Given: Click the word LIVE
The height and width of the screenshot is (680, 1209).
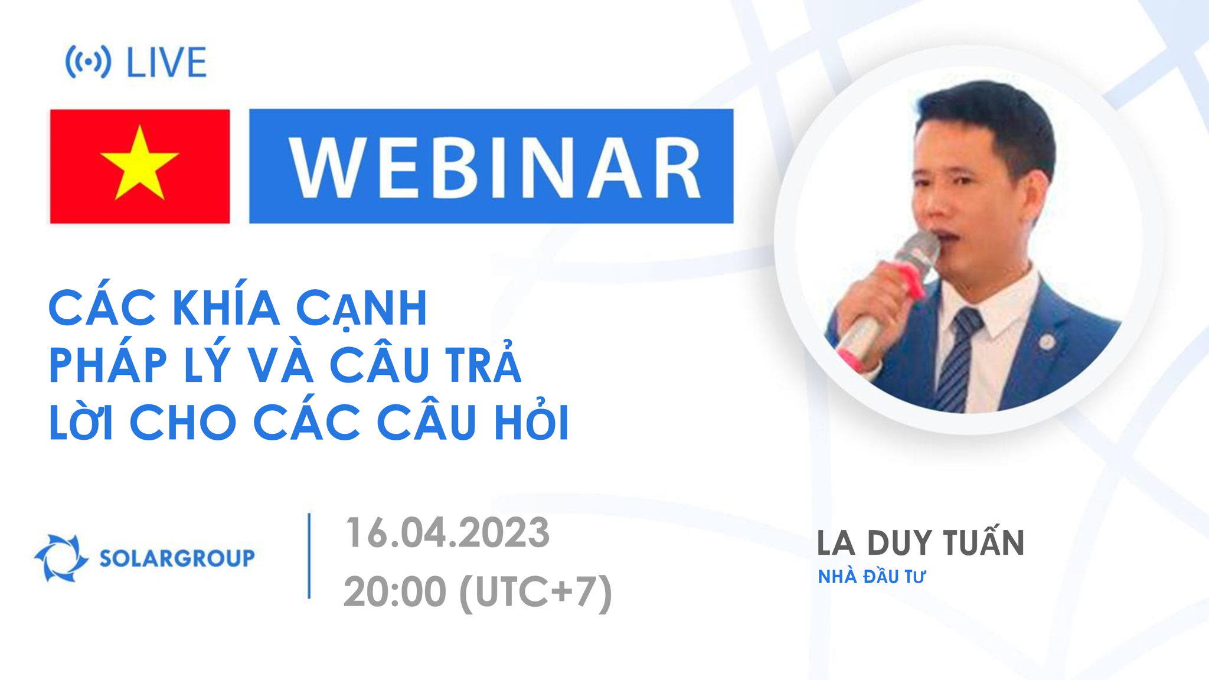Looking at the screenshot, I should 166,63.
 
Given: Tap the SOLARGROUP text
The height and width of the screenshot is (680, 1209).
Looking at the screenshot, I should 177,557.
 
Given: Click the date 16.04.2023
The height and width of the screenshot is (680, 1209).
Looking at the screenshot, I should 447,532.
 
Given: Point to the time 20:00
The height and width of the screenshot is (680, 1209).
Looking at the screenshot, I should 394,591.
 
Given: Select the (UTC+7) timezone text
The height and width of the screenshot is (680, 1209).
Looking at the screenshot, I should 535,591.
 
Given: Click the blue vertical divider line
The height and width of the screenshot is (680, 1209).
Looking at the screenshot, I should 309,556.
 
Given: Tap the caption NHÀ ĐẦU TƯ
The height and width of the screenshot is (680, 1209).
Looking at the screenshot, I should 871,577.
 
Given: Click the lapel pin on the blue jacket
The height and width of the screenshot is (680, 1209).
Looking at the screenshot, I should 1047,341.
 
